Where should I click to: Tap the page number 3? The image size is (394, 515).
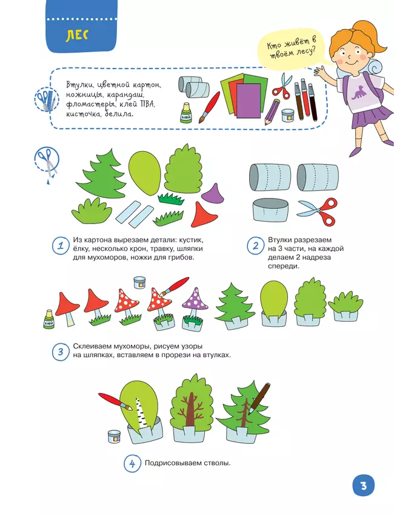pos(364,485)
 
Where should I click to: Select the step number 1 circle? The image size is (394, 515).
pos(61,246)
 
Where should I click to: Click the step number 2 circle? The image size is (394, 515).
pos(256,246)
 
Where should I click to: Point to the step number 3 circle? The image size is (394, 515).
pos(61,352)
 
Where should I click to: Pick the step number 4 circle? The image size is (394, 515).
pos(132,464)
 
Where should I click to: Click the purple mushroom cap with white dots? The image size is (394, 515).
pos(196,299)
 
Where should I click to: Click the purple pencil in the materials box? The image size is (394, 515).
pos(272,112)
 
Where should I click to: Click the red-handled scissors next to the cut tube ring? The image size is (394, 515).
pos(318,211)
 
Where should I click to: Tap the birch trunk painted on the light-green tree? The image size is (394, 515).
pos(141,412)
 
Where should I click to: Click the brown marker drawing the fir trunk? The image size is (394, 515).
pos(259,398)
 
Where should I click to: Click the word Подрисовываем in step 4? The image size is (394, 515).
pos(168,463)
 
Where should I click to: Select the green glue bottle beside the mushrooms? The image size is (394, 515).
pos(48,319)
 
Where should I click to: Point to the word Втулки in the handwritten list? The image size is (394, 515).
pos(78,85)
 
